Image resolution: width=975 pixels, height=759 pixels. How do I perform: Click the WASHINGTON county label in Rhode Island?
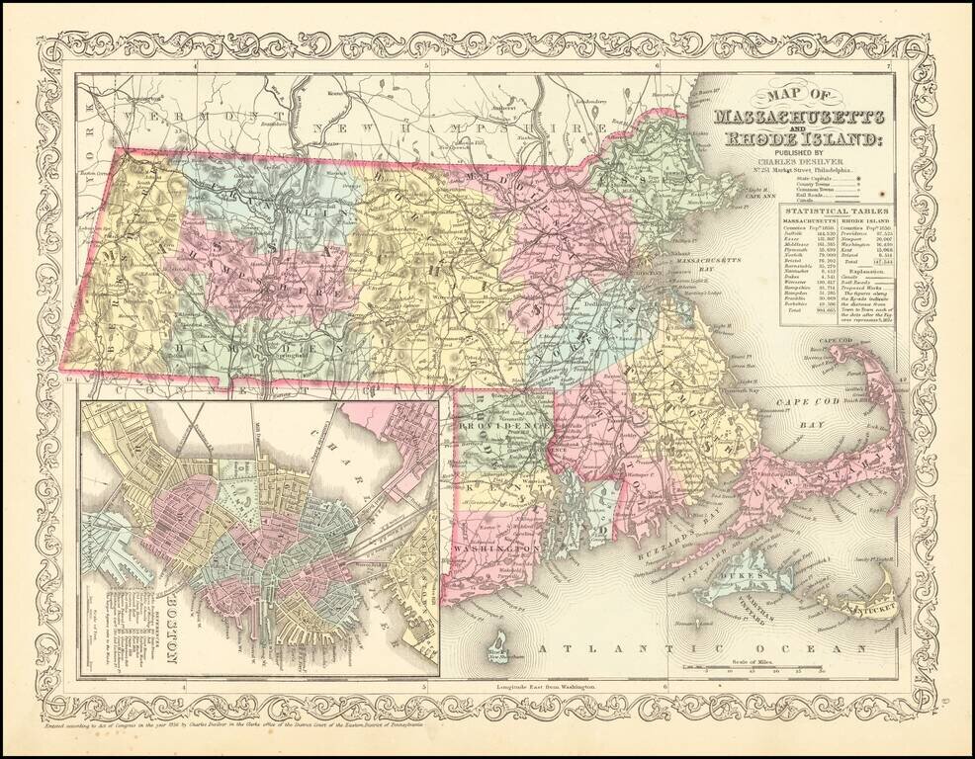coord(496,546)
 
